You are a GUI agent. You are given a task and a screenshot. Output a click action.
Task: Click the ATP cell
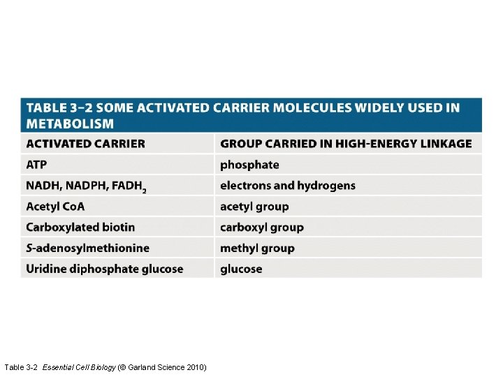(37, 165)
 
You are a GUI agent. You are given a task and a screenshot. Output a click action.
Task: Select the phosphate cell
(249, 165)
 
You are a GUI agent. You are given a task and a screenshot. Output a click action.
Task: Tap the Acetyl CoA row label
(55, 207)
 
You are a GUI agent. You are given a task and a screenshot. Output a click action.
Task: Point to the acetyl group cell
(254, 207)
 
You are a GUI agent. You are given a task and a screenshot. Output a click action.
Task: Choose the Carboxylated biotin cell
(80, 228)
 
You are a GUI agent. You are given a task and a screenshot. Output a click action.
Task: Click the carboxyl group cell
(262, 228)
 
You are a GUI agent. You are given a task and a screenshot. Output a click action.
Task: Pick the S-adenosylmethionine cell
(87, 248)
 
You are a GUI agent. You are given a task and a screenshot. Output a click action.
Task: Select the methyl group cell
(257, 248)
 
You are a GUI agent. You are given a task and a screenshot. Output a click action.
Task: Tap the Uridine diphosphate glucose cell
(104, 269)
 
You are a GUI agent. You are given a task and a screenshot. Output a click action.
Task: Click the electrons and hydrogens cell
(288, 186)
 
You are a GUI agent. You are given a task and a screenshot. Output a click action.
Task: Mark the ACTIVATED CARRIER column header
(85, 144)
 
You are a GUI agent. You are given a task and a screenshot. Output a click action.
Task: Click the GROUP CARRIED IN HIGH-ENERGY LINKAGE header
(346, 144)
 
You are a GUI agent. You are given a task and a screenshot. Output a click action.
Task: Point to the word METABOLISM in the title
(70, 124)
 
